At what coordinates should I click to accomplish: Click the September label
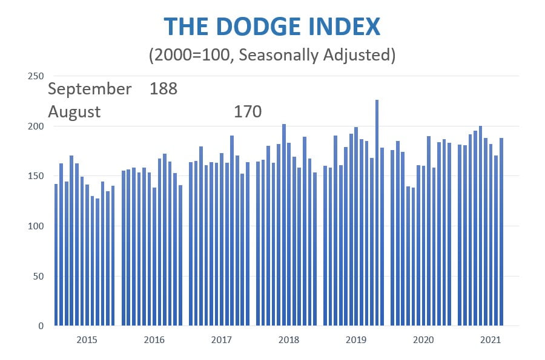pyautogui.click(x=90, y=89)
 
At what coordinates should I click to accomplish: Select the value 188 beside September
pyautogui.click(x=163, y=89)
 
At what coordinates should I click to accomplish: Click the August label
pyautogui.click(x=74, y=112)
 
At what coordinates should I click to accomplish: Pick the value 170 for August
pyautogui.click(x=247, y=112)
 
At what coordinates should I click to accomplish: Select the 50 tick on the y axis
pyautogui.click(x=38, y=276)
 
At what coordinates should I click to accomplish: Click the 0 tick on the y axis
pyautogui.click(x=41, y=326)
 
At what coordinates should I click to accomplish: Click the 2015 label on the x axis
pyautogui.click(x=87, y=340)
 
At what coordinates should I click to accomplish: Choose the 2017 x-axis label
pyautogui.click(x=221, y=340)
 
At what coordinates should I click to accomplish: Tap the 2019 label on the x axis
pyautogui.click(x=355, y=340)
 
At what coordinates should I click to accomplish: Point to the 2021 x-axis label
pyautogui.click(x=489, y=340)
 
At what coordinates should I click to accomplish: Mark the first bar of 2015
pyautogui.click(x=56, y=255)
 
